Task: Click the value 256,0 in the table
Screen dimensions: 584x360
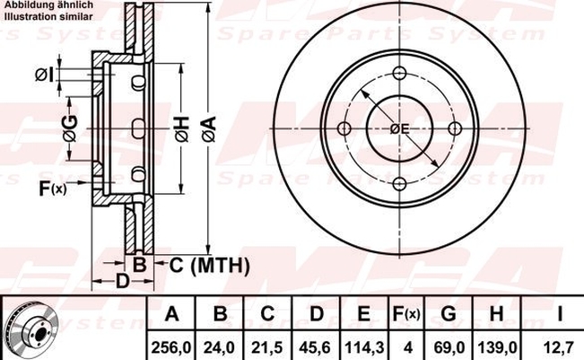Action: (x=171, y=348)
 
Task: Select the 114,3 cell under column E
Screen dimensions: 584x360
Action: (x=363, y=348)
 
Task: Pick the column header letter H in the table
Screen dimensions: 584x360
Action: (x=496, y=314)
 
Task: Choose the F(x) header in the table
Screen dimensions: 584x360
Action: (x=406, y=314)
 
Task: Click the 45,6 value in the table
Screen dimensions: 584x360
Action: (x=315, y=348)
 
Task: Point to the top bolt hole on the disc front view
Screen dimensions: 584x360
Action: (x=399, y=73)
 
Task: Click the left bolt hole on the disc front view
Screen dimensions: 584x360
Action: (x=344, y=128)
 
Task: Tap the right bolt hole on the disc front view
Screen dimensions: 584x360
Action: (x=455, y=128)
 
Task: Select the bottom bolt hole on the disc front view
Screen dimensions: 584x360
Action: (x=399, y=183)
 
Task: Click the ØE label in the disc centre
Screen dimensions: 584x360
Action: (x=399, y=129)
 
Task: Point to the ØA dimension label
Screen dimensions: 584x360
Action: (x=209, y=129)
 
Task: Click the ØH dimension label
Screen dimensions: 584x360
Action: (x=182, y=129)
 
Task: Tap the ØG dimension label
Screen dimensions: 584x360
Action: (x=70, y=128)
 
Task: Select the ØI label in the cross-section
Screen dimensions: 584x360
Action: (x=44, y=75)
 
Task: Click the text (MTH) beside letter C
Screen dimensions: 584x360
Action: (x=220, y=266)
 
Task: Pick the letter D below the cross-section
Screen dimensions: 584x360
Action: (x=122, y=281)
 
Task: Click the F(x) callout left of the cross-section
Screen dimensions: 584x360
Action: (x=53, y=189)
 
